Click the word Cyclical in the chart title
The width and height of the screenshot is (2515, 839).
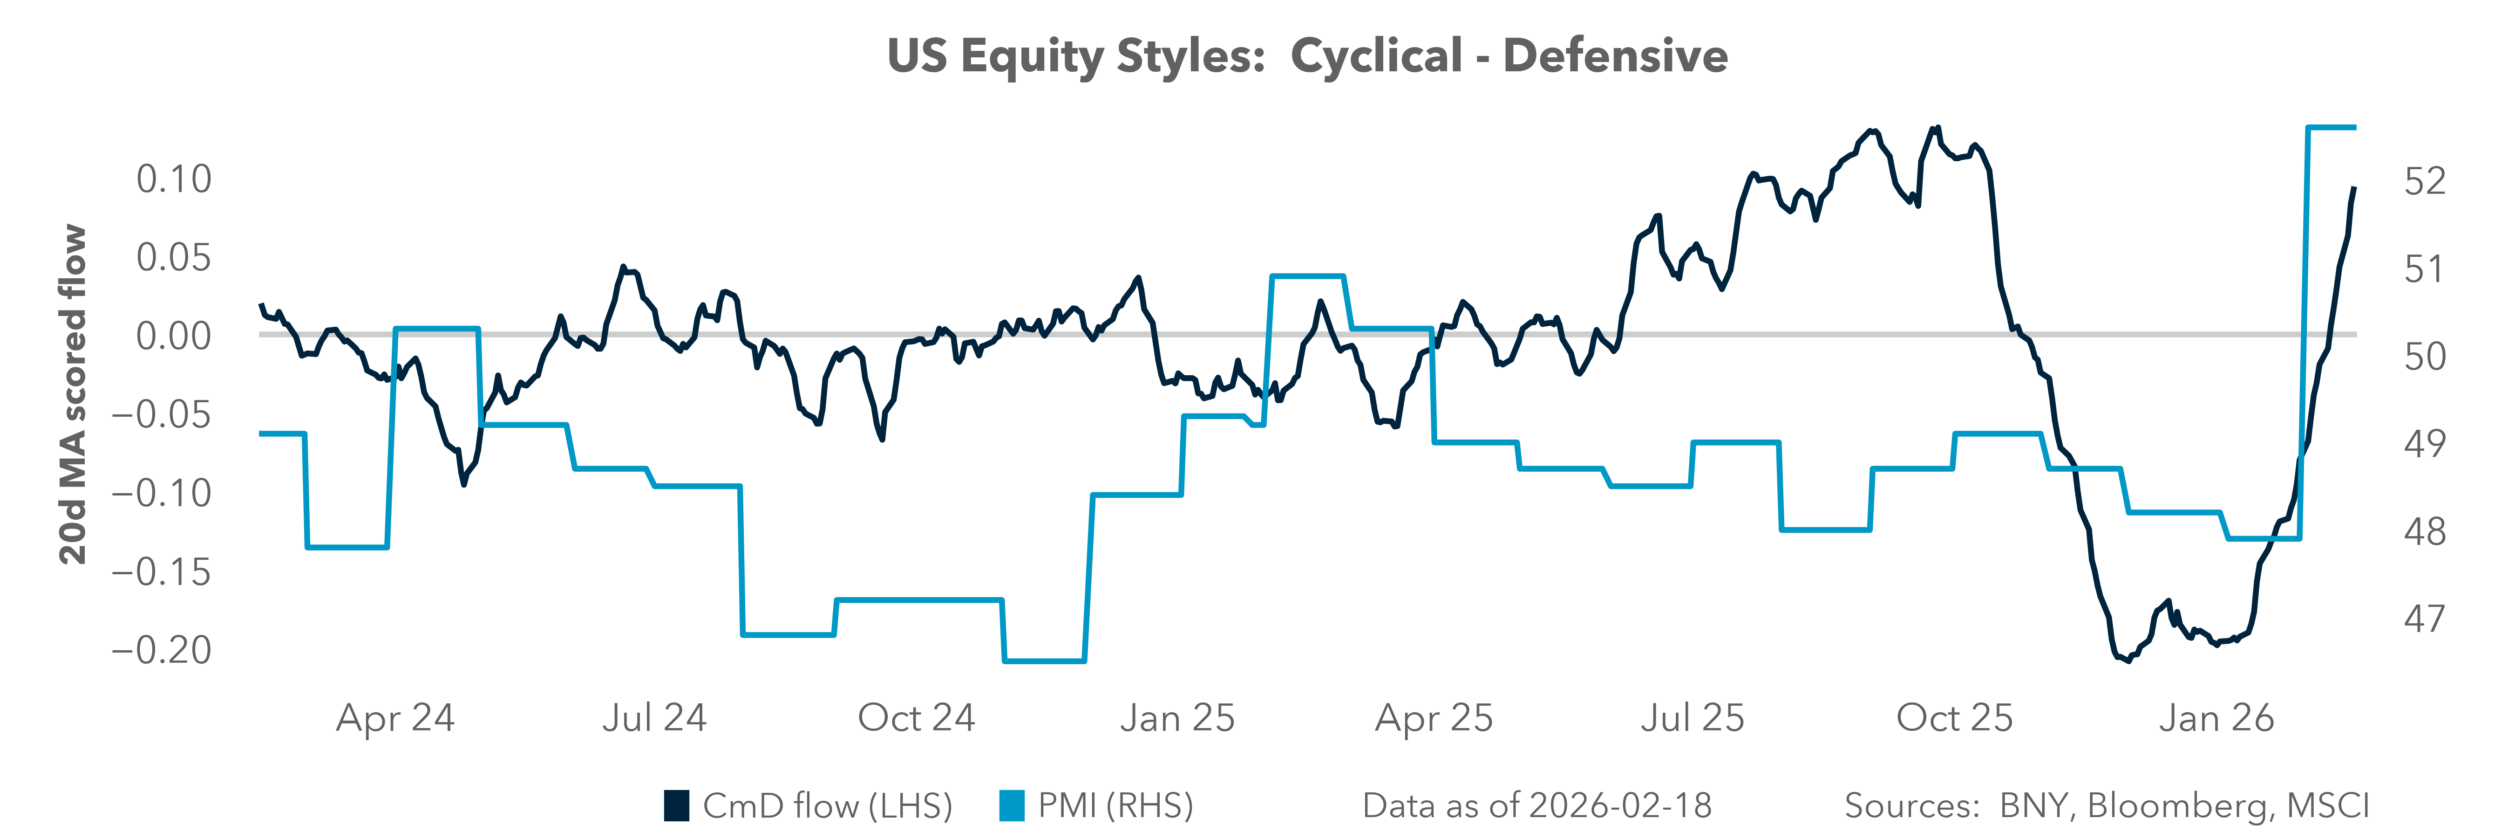pyautogui.click(x=1377, y=55)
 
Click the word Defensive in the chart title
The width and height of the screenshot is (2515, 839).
pyautogui.click(x=1615, y=55)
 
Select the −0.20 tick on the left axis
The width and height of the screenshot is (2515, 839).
pyautogui.click(x=162, y=649)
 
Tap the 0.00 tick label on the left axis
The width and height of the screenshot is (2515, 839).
pyautogui.click(x=174, y=336)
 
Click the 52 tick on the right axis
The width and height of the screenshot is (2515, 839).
pyautogui.click(x=2425, y=181)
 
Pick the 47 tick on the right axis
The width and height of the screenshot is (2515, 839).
pyautogui.click(x=2425, y=618)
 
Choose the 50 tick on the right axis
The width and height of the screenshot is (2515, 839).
pyautogui.click(x=2425, y=357)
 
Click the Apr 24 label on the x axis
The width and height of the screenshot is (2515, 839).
pyautogui.click(x=395, y=718)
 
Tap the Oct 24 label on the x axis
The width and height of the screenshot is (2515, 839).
pyautogui.click(x=916, y=718)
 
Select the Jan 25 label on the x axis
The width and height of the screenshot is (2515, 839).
pyautogui.click(x=1177, y=718)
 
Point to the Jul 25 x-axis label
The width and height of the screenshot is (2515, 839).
pyautogui.click(x=1692, y=718)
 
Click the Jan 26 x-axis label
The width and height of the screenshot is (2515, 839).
pyautogui.click(x=2216, y=718)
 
